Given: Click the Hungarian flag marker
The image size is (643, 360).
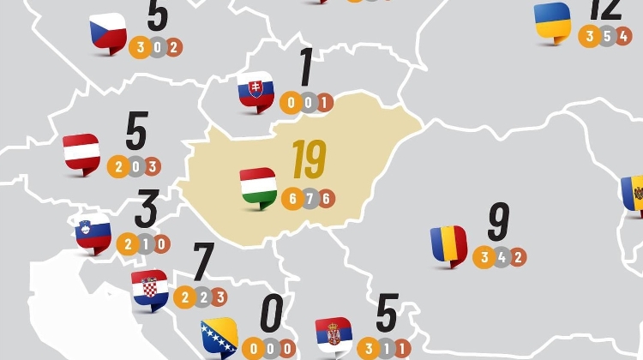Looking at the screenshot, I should [x=258, y=186].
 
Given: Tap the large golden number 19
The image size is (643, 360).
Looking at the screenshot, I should [x=308, y=160].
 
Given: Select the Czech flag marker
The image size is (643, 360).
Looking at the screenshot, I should [x=108, y=33].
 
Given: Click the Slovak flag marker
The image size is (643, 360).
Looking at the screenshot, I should [x=255, y=91].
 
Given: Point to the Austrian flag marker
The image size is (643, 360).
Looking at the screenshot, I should [x=81, y=153].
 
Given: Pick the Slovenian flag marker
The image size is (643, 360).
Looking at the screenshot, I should [x=93, y=232].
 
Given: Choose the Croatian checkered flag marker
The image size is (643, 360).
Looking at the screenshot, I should [x=150, y=289].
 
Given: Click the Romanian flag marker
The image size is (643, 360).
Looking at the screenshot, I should [x=449, y=245].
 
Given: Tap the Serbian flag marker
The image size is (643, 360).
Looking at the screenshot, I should [x=334, y=335].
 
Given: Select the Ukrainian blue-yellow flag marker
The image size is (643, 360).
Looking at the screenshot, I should [x=553, y=21].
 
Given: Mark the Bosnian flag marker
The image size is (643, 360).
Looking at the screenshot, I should [x=219, y=338].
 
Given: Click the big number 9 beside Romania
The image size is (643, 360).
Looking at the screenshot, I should [x=498, y=222].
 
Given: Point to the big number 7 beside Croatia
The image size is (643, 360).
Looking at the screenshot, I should [x=202, y=262].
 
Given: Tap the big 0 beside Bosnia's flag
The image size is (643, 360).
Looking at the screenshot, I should [x=271, y=314].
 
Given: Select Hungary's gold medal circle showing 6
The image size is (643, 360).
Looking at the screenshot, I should [x=292, y=198].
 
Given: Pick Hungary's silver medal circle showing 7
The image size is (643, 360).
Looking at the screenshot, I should [x=309, y=198].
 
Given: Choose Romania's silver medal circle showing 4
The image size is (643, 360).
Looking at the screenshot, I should [x=501, y=257].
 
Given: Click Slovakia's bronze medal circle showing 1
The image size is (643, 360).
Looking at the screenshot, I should [x=323, y=103].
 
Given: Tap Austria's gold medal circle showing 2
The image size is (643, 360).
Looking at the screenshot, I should [x=117, y=166].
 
